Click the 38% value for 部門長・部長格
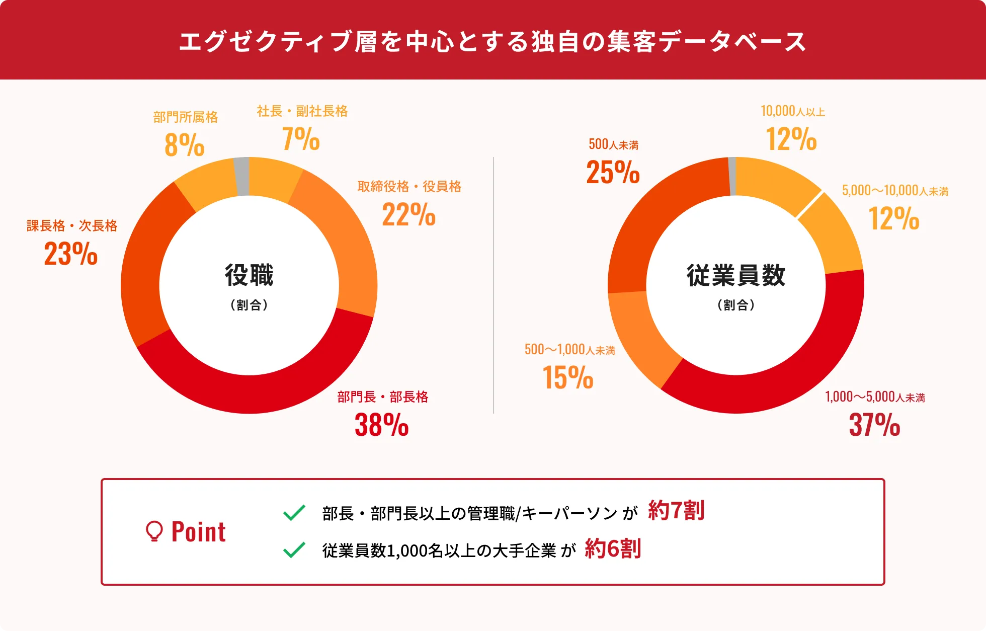(x=381, y=425)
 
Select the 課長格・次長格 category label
(x=72, y=225)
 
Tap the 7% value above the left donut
(x=301, y=139)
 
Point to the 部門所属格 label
(x=186, y=117)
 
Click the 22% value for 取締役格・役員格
(x=408, y=215)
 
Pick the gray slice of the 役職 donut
(x=242, y=176)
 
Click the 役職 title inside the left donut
(x=249, y=275)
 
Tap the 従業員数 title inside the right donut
(x=736, y=275)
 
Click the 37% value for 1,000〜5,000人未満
(x=874, y=425)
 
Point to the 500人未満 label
(x=613, y=145)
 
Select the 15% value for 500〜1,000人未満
(x=568, y=377)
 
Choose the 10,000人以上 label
(x=793, y=111)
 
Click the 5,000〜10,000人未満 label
(x=895, y=191)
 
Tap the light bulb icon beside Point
(x=154, y=531)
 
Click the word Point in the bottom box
(x=199, y=532)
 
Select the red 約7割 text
(x=676, y=511)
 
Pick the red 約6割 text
(x=613, y=548)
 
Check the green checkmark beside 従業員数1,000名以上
(x=294, y=550)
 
